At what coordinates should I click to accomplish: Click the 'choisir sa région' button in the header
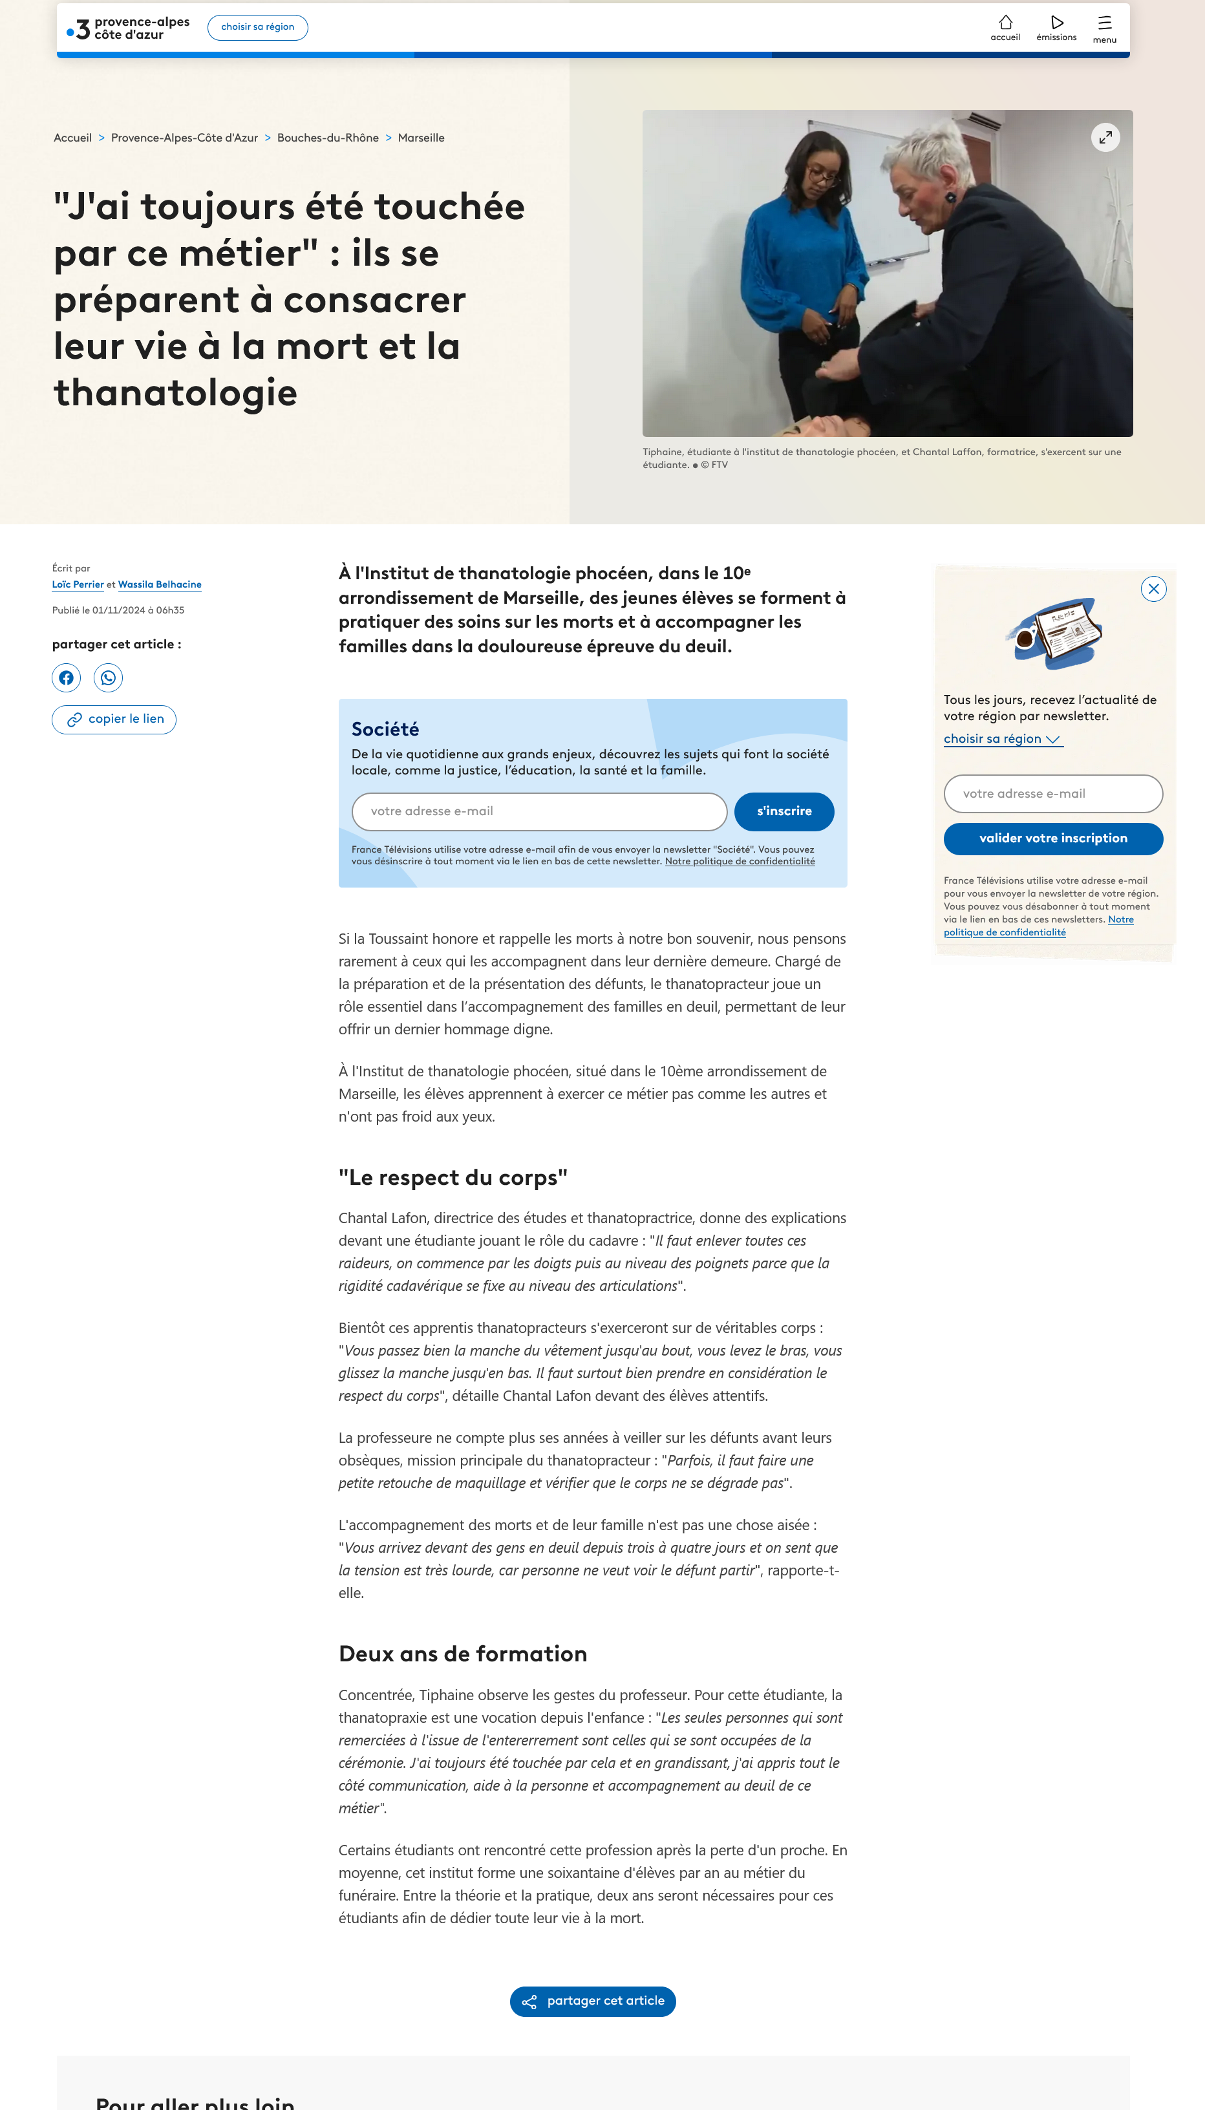pyautogui.click(x=257, y=27)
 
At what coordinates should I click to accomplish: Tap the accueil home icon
pyautogui.click(x=1005, y=23)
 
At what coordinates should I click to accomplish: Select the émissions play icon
pyautogui.click(x=1056, y=23)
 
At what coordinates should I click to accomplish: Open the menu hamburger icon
pyautogui.click(x=1104, y=23)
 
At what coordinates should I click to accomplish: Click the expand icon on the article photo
pyautogui.click(x=1105, y=137)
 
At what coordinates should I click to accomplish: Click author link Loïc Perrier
pyautogui.click(x=78, y=585)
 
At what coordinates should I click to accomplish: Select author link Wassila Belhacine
pyautogui.click(x=160, y=585)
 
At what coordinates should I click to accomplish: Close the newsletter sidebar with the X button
pyautogui.click(x=1153, y=589)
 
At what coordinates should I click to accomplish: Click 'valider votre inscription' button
pyautogui.click(x=1052, y=839)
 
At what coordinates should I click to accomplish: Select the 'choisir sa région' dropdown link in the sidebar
pyautogui.click(x=1002, y=739)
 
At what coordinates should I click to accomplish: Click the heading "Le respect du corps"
pyautogui.click(x=453, y=1177)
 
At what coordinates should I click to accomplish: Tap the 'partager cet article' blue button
pyautogui.click(x=593, y=2001)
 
